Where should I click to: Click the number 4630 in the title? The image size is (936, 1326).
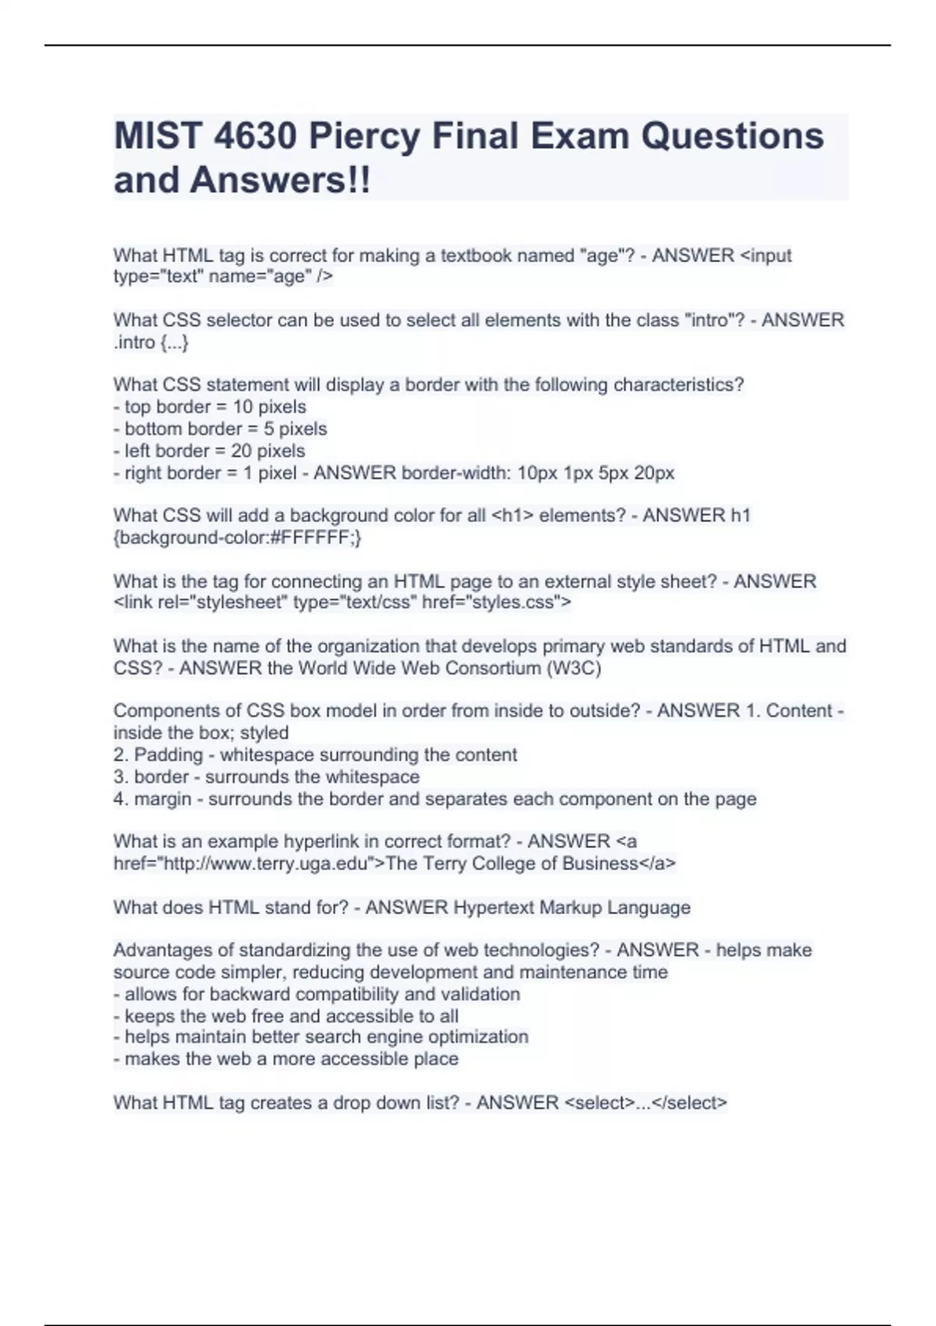pyautogui.click(x=254, y=136)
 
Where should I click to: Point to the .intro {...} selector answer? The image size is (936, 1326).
pyautogui.click(x=151, y=342)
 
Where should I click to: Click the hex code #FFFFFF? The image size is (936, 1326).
pyautogui.click(x=314, y=537)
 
